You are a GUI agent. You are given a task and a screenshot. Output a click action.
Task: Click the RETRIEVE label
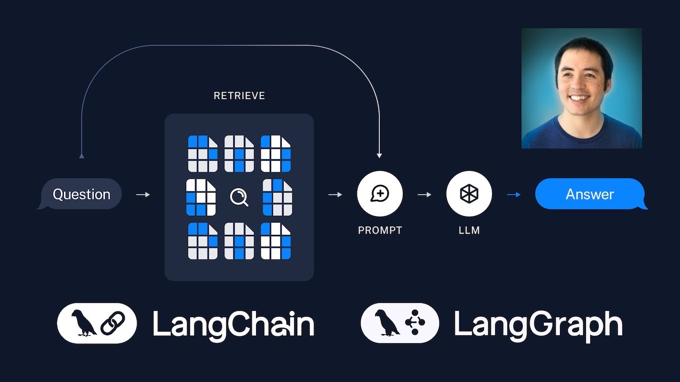239,96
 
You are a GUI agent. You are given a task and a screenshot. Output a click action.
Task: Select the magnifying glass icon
239,197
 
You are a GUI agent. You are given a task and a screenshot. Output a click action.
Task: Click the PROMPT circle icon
380,194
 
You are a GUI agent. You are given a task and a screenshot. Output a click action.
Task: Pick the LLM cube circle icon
469,194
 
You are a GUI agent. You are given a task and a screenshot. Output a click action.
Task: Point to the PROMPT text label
380,230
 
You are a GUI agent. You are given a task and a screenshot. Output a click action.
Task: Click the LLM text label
469,230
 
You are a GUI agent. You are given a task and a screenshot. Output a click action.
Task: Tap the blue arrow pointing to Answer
514,195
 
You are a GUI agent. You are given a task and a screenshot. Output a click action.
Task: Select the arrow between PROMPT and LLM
424,195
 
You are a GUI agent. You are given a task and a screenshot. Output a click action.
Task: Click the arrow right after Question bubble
143,195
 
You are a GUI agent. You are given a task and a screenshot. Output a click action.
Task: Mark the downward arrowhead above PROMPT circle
379,155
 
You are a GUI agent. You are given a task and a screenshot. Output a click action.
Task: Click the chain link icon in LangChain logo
113,323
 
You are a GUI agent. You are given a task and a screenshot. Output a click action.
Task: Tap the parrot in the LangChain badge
83,323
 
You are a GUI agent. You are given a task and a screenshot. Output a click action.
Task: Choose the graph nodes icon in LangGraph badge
415,322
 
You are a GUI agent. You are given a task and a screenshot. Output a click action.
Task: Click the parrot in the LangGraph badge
387,323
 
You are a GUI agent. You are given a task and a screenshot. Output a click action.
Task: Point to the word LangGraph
538,326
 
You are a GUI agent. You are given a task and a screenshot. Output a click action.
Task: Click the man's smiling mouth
579,98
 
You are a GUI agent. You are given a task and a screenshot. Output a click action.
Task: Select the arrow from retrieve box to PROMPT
335,195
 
